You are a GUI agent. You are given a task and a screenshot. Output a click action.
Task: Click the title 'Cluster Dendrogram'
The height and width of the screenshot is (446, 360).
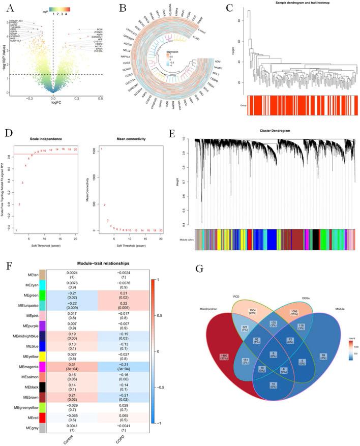click(272, 131)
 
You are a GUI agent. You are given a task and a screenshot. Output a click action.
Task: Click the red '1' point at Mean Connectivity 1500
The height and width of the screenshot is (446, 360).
click(101, 149)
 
